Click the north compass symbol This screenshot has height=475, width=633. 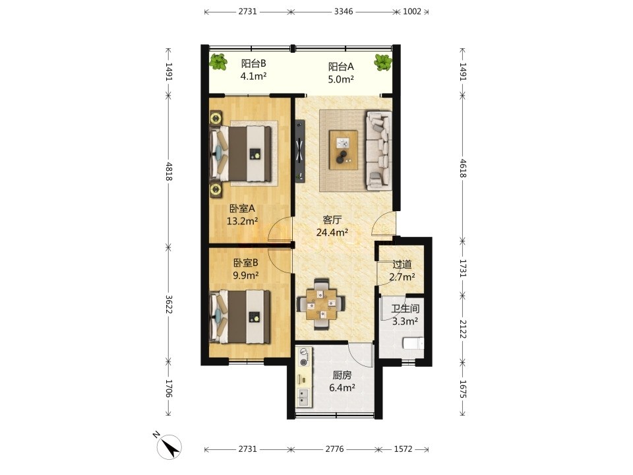pyautogui.click(x=167, y=447)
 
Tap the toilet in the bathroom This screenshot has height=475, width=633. pyautogui.click(x=413, y=344)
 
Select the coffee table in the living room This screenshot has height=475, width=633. pyautogui.click(x=343, y=150)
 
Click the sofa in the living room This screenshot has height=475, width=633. pyautogui.click(x=378, y=150)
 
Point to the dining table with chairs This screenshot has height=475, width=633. pyautogui.click(x=321, y=303)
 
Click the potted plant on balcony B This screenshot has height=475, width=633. pyautogui.click(x=218, y=62)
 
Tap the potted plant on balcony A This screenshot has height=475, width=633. pyautogui.click(x=382, y=62)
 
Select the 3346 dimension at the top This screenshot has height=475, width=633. pyautogui.click(x=344, y=11)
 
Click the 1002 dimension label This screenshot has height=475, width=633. pyautogui.click(x=411, y=11)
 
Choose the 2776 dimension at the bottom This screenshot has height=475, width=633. pyautogui.click(x=335, y=449)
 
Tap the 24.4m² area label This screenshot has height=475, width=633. pyautogui.click(x=332, y=232)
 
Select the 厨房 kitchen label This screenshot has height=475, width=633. pyautogui.click(x=342, y=375)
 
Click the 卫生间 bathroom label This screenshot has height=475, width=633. pyautogui.click(x=406, y=309)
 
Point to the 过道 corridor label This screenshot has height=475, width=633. pyautogui.click(x=402, y=265)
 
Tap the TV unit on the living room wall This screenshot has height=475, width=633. pyautogui.click(x=300, y=151)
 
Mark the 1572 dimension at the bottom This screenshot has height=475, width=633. pyautogui.click(x=403, y=449)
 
